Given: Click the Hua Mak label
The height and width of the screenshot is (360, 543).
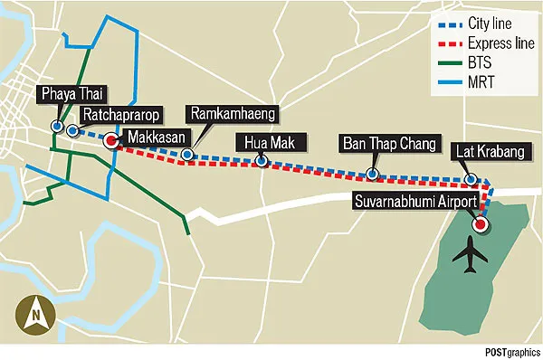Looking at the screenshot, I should pyautogui.click(x=262, y=142).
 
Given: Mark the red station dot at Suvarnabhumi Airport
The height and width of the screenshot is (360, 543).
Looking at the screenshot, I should pyautogui.click(x=481, y=223).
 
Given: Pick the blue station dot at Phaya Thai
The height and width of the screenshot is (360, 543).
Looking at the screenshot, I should pyautogui.click(x=57, y=127).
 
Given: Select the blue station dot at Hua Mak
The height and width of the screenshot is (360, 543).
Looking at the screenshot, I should pyautogui.click(x=261, y=162).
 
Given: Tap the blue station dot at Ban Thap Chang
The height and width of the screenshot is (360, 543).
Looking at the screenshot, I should pyautogui.click(x=372, y=173).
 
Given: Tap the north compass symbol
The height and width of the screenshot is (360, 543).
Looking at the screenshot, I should pyautogui.click(x=33, y=316).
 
